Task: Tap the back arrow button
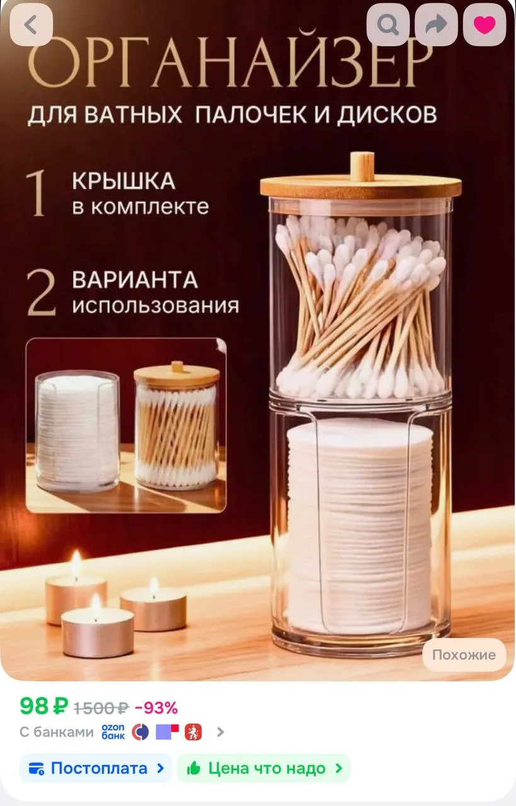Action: point(32,25)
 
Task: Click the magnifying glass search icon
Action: point(388,25)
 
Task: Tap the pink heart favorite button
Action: point(484,25)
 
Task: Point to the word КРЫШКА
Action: point(124,181)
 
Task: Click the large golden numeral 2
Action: point(42,293)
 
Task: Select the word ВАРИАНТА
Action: point(135,280)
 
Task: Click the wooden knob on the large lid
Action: point(362,166)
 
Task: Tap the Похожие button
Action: point(464,654)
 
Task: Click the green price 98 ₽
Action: point(44,706)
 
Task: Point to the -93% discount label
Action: point(156,708)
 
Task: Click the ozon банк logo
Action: point(113,732)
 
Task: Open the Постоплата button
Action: point(96,768)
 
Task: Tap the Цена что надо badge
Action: point(263,768)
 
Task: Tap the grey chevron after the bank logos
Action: point(221,732)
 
